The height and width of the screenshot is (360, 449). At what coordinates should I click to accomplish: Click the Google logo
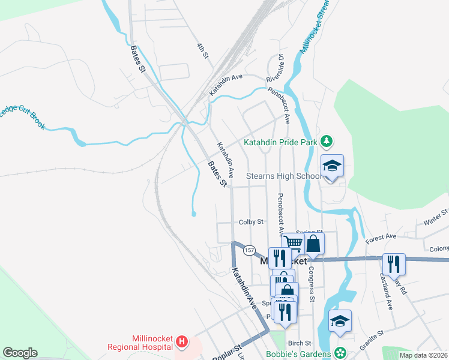(20, 353)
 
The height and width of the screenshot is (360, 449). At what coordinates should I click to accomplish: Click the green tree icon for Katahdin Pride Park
(326, 142)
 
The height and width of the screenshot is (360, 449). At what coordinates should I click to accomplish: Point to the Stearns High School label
(284, 176)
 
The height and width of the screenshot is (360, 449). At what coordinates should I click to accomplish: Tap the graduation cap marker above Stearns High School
(332, 166)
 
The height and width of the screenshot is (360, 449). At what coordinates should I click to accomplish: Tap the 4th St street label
(203, 50)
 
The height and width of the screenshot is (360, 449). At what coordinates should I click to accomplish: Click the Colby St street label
(252, 222)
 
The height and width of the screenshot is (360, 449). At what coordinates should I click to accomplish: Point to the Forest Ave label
(382, 237)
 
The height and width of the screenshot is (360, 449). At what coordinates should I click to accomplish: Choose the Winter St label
(436, 217)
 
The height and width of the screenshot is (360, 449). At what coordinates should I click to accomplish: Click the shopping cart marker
(293, 242)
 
